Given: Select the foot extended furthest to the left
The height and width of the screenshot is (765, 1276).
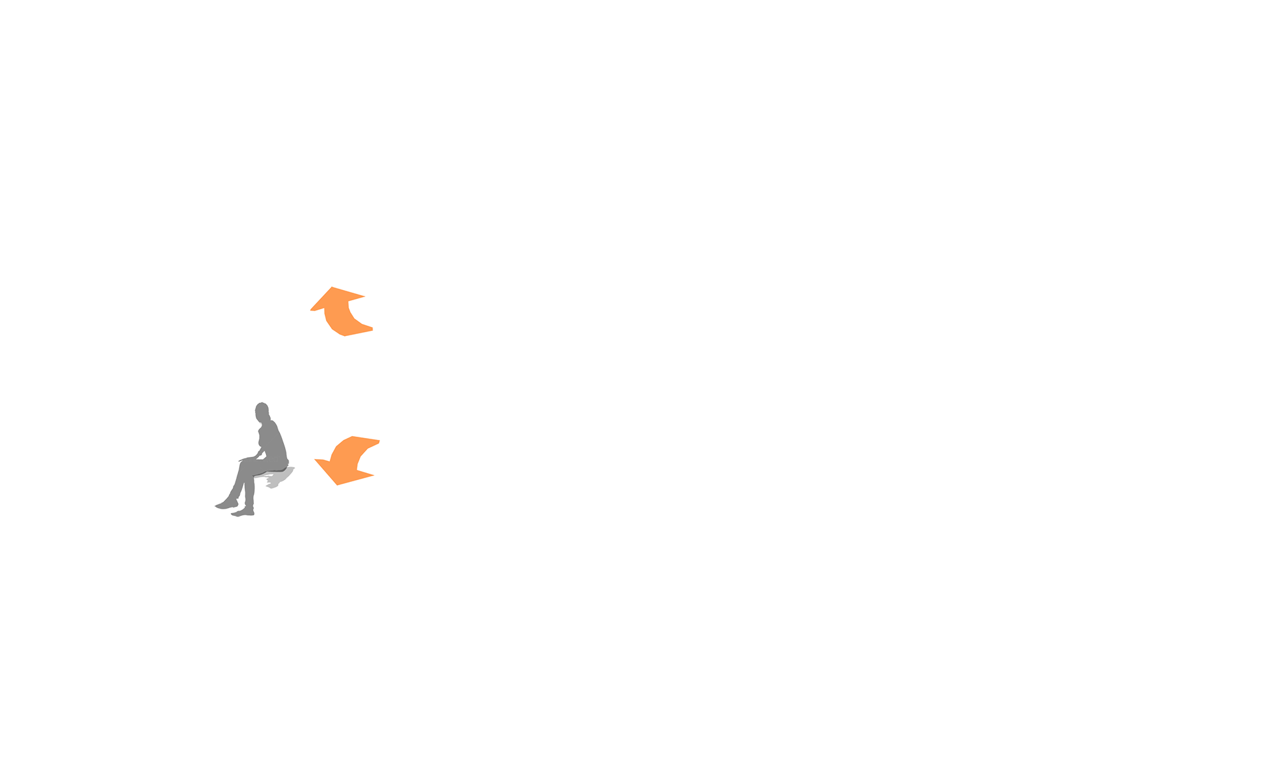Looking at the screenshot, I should (224, 505).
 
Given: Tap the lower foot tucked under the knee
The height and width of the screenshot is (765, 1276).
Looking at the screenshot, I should (242, 512).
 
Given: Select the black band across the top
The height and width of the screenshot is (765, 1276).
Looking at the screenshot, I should (638, 140).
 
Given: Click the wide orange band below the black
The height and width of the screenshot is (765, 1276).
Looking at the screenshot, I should (638, 344).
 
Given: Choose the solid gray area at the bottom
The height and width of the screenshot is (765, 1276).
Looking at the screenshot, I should (638, 637).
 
